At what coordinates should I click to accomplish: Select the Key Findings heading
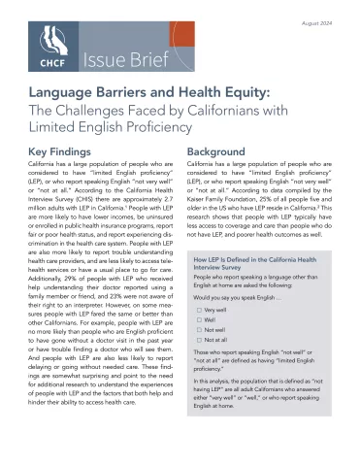(x=63, y=152)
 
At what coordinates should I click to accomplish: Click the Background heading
(x=214, y=152)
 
